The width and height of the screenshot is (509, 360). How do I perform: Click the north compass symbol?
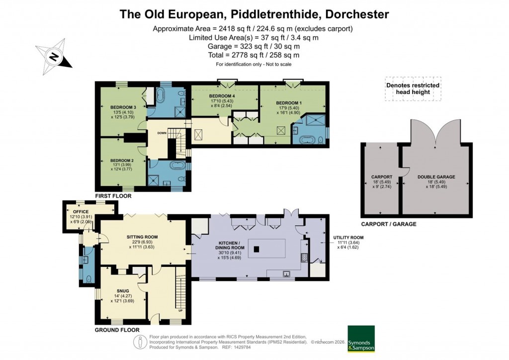tap(54, 57)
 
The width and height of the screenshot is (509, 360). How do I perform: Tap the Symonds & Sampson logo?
tap(361, 339)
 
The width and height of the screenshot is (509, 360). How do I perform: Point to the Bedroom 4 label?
tap(222, 95)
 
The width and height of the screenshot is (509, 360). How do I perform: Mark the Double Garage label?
tap(436, 177)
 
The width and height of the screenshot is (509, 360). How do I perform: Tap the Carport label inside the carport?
tap(382, 177)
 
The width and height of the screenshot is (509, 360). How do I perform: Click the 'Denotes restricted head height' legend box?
tap(413, 89)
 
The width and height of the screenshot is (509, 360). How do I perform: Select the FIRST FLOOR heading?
tap(113, 196)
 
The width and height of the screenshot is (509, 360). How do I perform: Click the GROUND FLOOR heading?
tap(117, 330)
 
